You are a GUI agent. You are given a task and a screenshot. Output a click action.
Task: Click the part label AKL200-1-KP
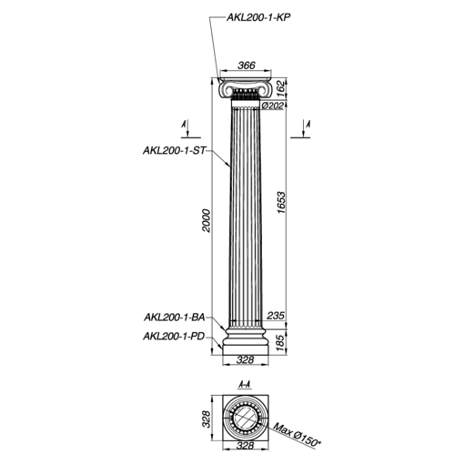click(x=258, y=17)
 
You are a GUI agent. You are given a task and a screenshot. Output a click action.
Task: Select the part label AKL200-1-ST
click(x=174, y=150)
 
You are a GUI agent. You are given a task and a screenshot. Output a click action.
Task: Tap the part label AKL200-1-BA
click(x=174, y=318)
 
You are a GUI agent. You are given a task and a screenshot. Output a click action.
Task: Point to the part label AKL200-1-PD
click(x=174, y=337)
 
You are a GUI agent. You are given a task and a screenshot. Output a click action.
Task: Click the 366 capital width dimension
click(x=247, y=65)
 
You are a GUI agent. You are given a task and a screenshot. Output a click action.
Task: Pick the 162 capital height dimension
click(x=281, y=88)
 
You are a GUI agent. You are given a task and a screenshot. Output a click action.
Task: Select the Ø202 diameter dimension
click(x=273, y=106)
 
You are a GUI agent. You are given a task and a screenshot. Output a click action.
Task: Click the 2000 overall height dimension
click(x=206, y=221)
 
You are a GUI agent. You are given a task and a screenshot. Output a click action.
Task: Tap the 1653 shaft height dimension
click(x=281, y=202)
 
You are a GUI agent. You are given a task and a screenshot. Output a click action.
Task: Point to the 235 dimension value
click(x=276, y=316)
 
